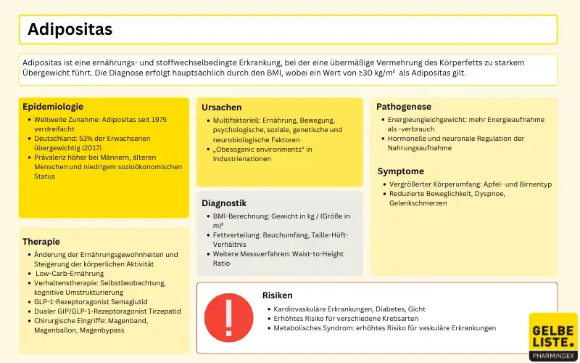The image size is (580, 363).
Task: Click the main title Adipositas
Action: (70, 30)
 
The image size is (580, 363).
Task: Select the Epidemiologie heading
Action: (53, 107)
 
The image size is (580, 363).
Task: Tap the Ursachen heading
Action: (222, 107)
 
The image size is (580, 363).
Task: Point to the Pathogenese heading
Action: (405, 107)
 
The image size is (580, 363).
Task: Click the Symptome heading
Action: (401, 171)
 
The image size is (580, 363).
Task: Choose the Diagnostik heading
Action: (224, 203)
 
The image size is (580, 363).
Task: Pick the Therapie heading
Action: (41, 242)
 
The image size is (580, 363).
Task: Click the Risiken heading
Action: (278, 295)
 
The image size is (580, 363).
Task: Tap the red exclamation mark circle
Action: (228, 317)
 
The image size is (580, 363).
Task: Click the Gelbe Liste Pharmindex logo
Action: (553, 335)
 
